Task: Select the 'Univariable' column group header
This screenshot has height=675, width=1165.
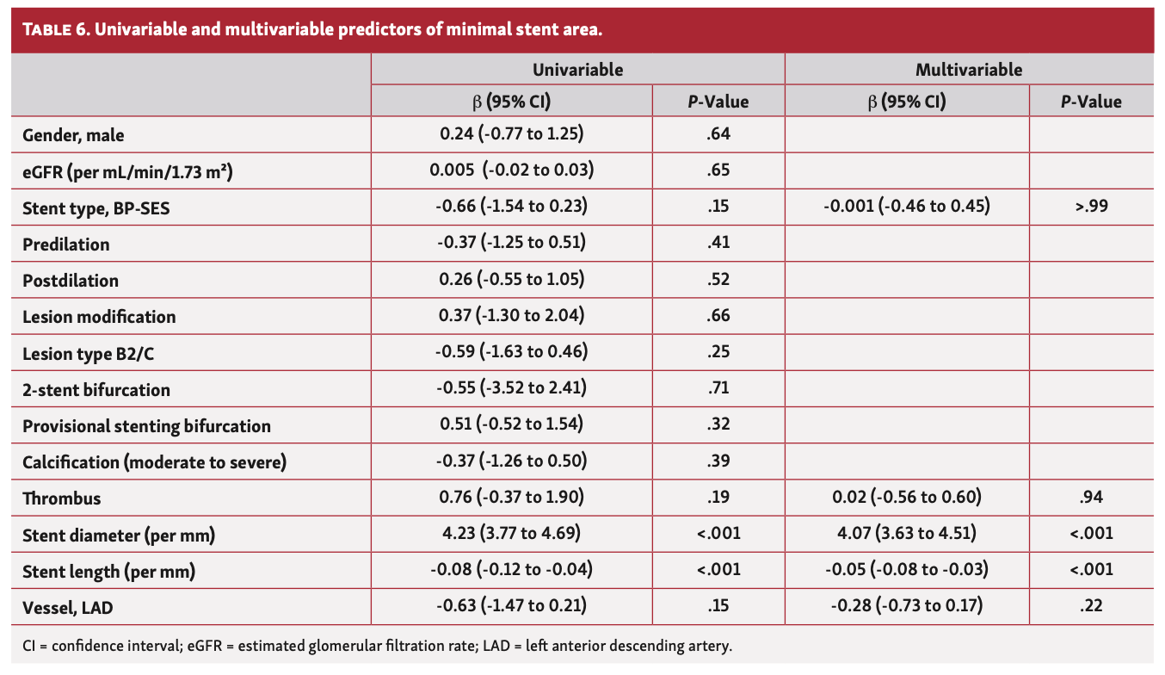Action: (x=577, y=70)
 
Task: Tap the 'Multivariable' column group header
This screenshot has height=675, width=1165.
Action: (x=969, y=70)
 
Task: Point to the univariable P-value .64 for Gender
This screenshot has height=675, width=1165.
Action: (x=718, y=134)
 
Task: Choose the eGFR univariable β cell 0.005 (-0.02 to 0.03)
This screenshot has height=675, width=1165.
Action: (x=512, y=170)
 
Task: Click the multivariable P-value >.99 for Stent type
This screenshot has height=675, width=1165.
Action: (x=1091, y=207)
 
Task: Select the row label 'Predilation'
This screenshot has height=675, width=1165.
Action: (x=66, y=245)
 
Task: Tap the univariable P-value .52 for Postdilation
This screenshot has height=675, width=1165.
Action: (x=718, y=280)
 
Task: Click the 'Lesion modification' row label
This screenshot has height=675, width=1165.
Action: (x=99, y=317)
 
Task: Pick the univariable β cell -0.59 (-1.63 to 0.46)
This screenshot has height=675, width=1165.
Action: (x=512, y=352)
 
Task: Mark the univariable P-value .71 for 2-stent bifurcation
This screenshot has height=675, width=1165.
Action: (x=718, y=388)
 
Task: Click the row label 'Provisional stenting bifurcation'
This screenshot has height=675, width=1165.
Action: (x=146, y=426)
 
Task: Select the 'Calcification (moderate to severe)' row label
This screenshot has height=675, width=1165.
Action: (x=154, y=462)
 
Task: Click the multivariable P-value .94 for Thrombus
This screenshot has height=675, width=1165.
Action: (x=1091, y=497)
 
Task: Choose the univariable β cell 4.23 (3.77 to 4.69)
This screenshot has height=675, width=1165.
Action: (x=512, y=534)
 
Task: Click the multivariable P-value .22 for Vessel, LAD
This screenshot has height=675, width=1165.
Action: (x=1091, y=606)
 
